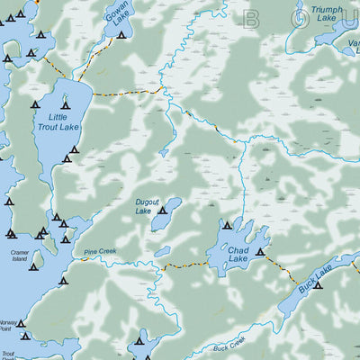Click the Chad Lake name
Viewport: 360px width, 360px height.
(x=238, y=255)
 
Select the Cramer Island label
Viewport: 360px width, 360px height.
(x=21, y=257)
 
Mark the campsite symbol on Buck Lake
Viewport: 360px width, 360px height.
(x=318, y=285)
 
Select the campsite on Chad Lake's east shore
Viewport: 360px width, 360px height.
(x=261, y=253)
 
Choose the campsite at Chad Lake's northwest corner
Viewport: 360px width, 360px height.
(x=227, y=226)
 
